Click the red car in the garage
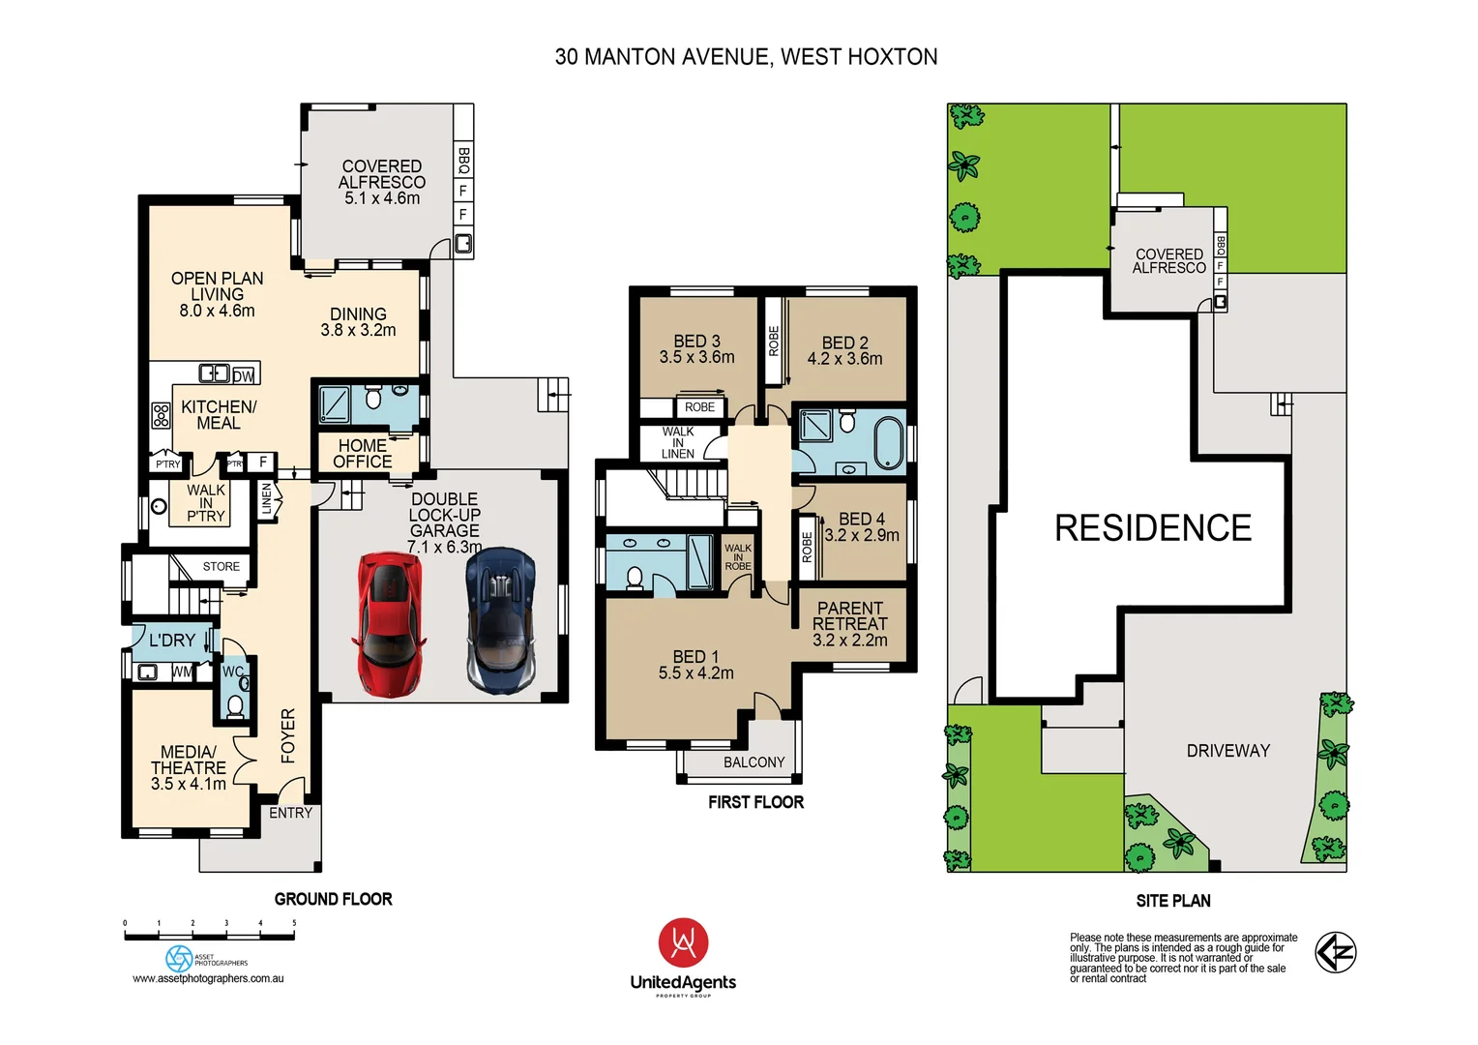(389, 624)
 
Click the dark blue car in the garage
(500, 620)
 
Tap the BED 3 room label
(696, 349)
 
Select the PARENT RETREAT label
(849, 624)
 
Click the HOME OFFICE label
(363, 454)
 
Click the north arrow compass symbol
(1335, 952)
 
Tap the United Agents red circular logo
(683, 943)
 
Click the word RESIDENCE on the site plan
(1152, 528)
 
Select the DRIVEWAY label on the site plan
(1227, 751)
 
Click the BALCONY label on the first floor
(754, 762)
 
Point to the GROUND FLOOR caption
(333, 899)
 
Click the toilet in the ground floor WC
(235, 704)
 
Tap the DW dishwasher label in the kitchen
(244, 375)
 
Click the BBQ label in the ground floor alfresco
(464, 160)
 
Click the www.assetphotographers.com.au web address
(208, 978)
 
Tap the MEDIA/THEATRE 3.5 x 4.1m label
(189, 767)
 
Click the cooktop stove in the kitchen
(161, 415)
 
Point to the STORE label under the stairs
(221, 567)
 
